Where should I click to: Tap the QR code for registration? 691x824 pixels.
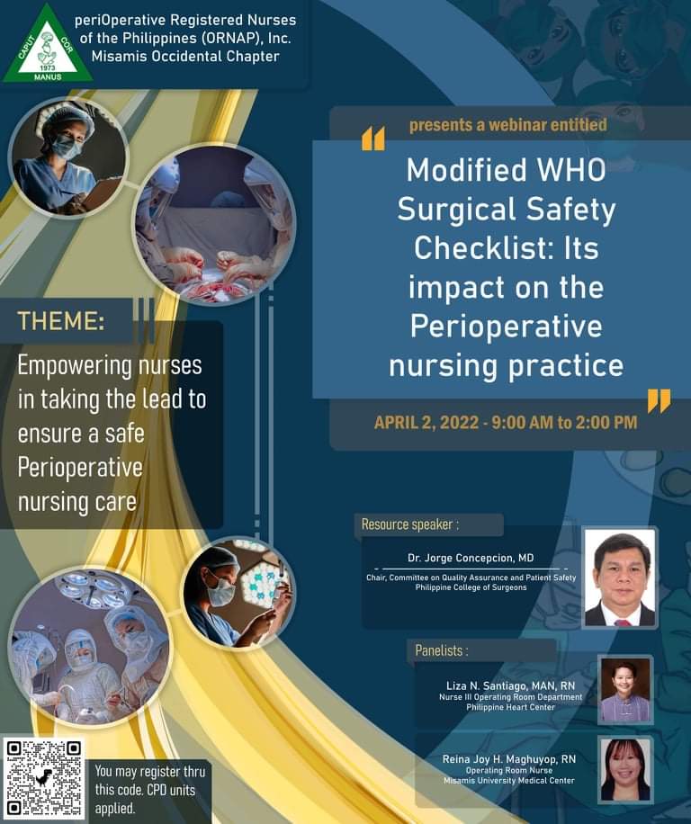click(44, 779)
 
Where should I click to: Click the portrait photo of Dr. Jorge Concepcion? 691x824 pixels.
click(620, 578)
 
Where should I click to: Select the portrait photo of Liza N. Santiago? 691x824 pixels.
click(625, 689)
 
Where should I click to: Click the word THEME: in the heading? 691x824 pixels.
click(61, 320)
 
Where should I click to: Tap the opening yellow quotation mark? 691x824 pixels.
click(373, 139)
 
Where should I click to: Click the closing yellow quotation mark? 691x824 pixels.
click(659, 401)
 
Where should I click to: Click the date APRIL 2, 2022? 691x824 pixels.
click(426, 423)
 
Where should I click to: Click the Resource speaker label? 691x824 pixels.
click(410, 524)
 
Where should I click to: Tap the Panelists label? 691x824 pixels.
click(442, 650)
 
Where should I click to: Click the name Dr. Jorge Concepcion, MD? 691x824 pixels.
click(471, 558)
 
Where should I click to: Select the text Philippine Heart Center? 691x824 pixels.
click(510, 707)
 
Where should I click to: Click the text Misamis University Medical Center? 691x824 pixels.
click(508, 781)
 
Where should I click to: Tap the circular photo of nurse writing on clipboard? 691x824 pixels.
click(68, 157)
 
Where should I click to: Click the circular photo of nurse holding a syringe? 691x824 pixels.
click(239, 594)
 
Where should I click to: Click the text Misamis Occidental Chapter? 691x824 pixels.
click(185, 57)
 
